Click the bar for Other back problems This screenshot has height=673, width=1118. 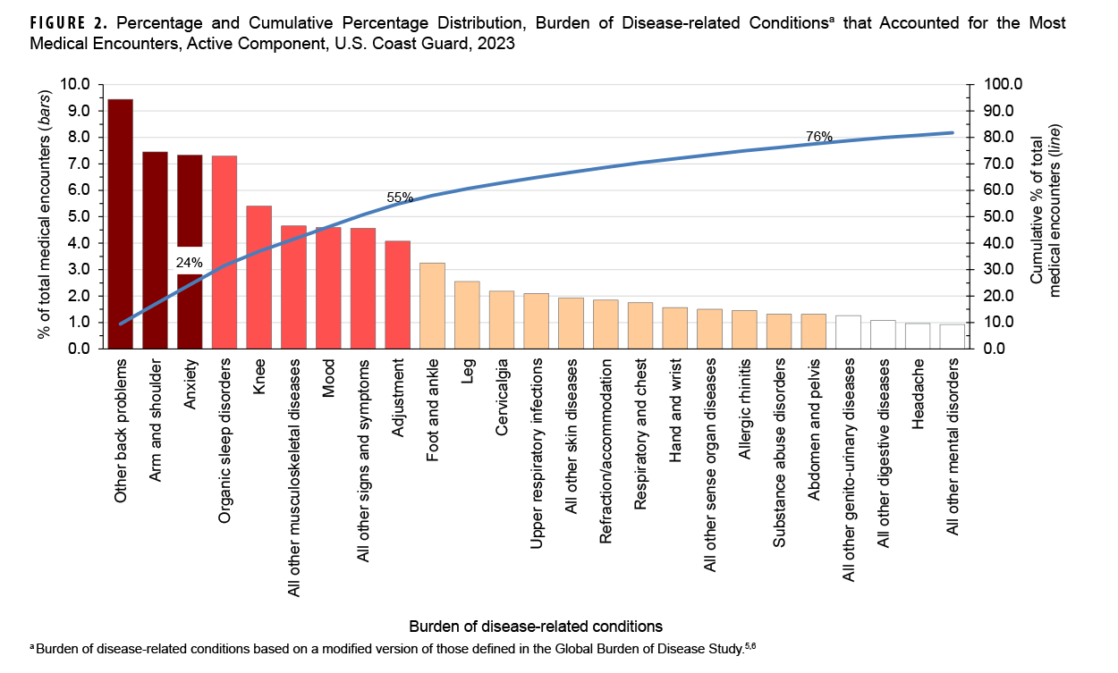point(120,223)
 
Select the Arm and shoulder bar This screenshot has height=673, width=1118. point(155,250)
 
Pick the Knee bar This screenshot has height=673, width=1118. point(258,277)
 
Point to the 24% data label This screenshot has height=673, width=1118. point(189,263)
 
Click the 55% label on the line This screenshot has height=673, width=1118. point(399,198)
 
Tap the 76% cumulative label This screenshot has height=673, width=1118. point(819,137)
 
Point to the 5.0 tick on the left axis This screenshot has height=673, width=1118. point(77,216)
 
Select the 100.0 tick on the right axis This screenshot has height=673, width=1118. point(1001,84)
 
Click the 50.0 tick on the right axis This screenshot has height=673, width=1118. point(997,216)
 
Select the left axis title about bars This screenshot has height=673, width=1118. point(42,215)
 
